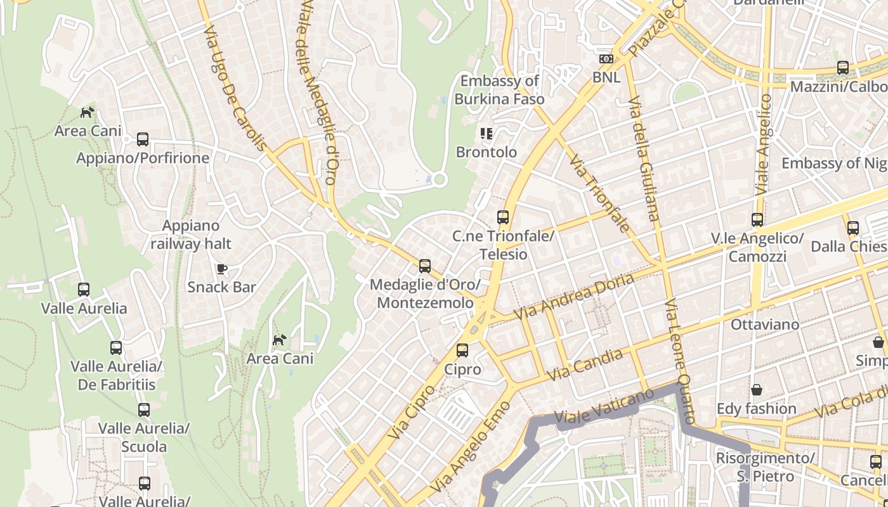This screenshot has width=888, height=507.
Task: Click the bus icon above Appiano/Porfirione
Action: point(143,139)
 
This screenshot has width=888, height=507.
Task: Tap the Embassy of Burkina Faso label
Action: point(499,90)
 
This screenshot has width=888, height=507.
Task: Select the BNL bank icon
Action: point(606,59)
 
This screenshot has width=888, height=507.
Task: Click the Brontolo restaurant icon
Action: point(486,134)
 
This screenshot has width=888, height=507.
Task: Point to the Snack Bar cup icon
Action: point(221,269)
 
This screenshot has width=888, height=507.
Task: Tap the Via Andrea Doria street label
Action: point(573,297)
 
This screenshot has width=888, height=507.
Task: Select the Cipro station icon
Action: point(462,350)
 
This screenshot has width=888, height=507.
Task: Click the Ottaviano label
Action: point(765,324)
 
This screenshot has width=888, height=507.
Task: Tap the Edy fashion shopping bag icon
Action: point(756,390)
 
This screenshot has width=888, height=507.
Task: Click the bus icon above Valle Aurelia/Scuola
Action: point(144,410)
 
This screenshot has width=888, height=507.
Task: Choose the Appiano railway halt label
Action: point(191,234)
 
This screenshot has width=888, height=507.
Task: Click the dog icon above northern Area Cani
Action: point(88,112)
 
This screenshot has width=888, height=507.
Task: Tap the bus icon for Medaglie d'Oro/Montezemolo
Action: point(425,266)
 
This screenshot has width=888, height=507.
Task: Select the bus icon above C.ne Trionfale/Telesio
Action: point(503,217)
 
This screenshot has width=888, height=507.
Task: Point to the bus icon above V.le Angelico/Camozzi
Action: point(757,220)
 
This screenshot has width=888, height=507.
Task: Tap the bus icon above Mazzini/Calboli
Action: point(843,67)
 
